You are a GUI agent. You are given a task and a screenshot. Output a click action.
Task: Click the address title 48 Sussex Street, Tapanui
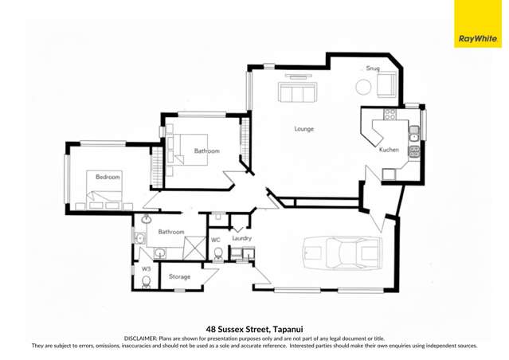click(x=254, y=328)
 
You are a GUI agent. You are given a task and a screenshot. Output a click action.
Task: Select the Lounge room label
click(x=303, y=128)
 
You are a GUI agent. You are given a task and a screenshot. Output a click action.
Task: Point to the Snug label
click(x=372, y=68)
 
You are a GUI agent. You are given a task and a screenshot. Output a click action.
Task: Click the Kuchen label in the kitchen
click(x=389, y=150)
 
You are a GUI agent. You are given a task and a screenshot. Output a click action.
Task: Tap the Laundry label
click(x=241, y=238)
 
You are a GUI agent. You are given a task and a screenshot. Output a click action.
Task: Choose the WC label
click(x=215, y=239)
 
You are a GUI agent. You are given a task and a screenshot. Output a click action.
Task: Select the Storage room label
click(x=179, y=276)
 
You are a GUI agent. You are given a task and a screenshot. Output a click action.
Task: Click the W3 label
click(x=146, y=269)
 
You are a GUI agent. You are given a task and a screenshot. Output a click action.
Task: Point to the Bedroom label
click(x=108, y=177)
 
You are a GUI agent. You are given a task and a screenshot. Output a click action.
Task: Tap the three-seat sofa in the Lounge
click(x=296, y=94)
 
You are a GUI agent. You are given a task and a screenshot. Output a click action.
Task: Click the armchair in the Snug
click(x=386, y=84)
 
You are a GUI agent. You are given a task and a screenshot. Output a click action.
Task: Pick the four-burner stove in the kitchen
click(x=390, y=115)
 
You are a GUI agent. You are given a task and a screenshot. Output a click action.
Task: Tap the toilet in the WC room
click(x=217, y=254)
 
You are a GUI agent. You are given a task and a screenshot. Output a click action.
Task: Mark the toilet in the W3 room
click(x=145, y=281)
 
